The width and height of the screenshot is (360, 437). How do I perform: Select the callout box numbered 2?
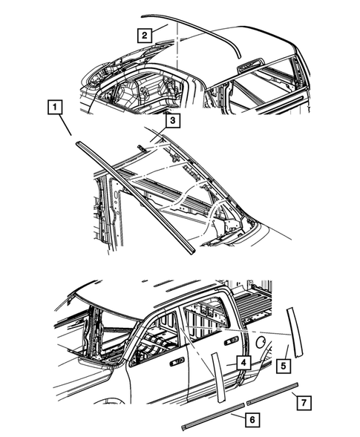coord(145,33)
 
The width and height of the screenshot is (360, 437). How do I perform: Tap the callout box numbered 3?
coord(171,119)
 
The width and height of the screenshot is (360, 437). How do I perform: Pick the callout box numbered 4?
coord(243,362)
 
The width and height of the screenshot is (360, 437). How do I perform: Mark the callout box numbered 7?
coord(303,402)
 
